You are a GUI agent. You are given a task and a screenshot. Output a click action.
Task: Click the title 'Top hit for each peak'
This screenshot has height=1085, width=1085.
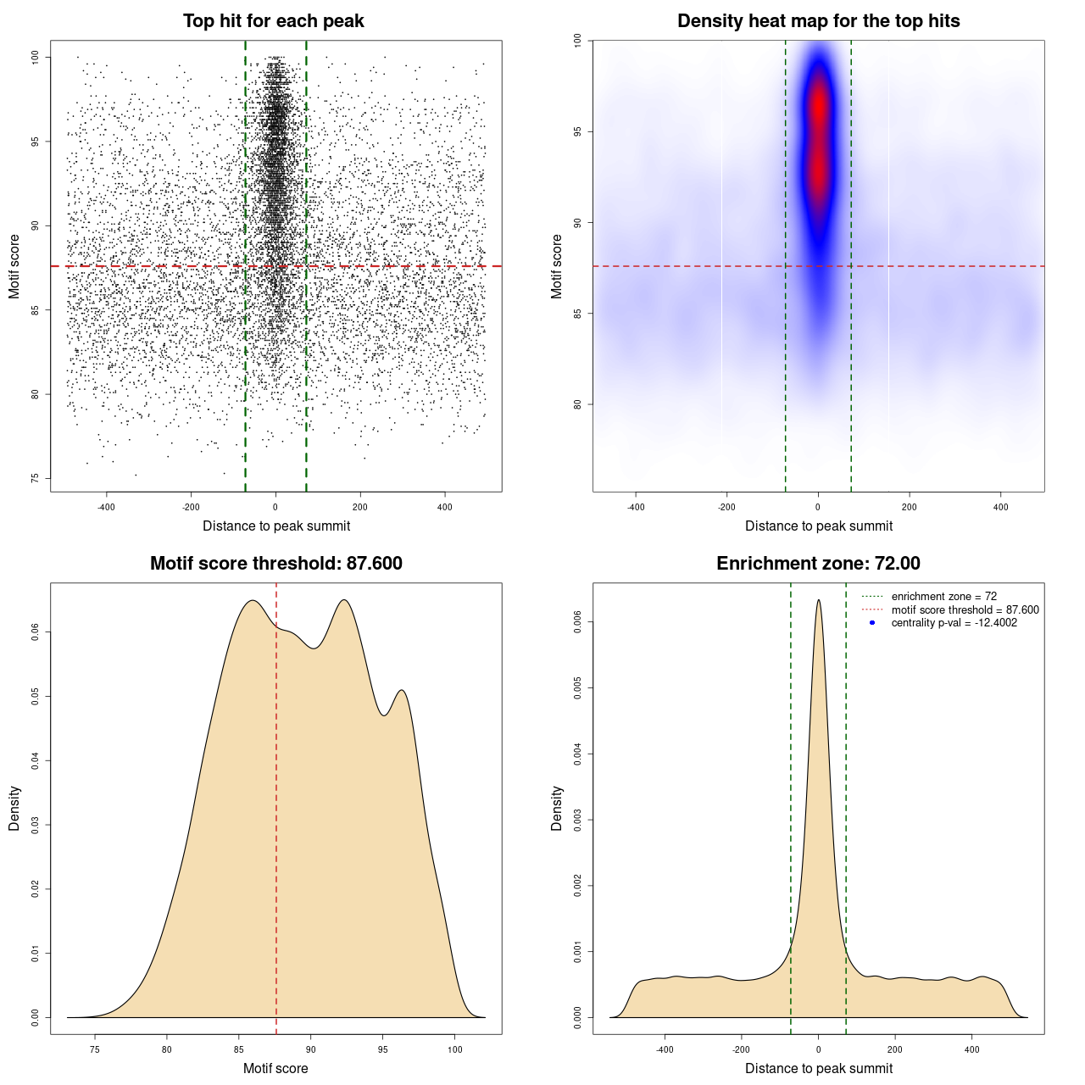[x=273, y=21]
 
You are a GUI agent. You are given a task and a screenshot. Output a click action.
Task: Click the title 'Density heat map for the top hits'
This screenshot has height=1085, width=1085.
[x=818, y=21]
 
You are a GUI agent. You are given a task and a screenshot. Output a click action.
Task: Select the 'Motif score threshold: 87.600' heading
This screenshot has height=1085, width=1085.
[x=275, y=564]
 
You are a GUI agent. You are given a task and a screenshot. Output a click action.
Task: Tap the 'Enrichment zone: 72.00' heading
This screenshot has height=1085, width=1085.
[x=818, y=564]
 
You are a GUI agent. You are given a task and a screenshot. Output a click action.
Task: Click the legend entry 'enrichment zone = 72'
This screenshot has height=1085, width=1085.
[x=943, y=597]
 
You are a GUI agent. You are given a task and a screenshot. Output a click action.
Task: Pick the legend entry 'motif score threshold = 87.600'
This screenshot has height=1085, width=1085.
[x=965, y=609]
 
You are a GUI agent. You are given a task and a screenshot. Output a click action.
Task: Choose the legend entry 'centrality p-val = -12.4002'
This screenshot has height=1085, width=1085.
[x=954, y=623]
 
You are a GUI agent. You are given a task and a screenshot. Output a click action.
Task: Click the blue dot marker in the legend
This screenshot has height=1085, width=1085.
[x=872, y=623]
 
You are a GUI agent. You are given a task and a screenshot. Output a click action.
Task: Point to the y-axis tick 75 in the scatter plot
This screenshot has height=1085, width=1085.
[x=35, y=478]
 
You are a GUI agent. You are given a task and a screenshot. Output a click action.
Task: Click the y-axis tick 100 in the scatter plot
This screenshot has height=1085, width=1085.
[x=35, y=57]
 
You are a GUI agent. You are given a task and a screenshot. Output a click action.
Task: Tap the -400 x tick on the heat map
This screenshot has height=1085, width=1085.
[x=635, y=507]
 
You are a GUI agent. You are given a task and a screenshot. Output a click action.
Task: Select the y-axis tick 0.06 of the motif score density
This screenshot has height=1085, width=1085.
[x=35, y=632]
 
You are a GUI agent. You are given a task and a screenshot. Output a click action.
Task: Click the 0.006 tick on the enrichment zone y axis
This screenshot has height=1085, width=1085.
[x=577, y=622]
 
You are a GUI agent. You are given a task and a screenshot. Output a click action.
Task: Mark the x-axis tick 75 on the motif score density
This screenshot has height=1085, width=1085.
[x=95, y=1049]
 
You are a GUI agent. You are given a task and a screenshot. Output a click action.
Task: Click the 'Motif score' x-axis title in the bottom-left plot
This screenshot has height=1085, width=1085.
[x=275, y=1068]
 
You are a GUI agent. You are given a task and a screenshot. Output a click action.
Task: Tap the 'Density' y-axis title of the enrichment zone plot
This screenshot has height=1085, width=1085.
[x=557, y=808]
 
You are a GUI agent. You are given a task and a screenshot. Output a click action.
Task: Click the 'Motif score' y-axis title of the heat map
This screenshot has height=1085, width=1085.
[x=557, y=266]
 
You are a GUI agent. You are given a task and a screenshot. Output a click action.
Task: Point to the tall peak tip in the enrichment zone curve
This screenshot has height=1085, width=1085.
[x=818, y=600]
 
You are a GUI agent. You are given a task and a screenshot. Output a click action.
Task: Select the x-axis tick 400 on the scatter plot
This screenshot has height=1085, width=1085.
[x=445, y=507]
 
